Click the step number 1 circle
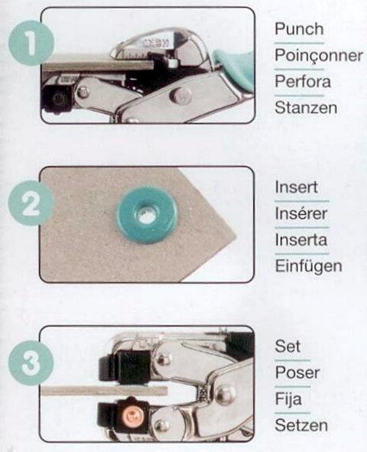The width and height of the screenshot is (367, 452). coord(31,44)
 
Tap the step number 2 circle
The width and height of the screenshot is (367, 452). coord(31,203)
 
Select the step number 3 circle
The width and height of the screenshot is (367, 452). coord(31,362)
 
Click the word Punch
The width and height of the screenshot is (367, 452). coord(299,29)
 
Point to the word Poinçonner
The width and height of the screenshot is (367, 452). coord(319,56)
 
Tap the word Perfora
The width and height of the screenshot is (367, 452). coord(303,82)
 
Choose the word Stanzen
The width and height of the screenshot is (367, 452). coord(306,108)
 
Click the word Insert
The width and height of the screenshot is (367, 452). coord(296,187)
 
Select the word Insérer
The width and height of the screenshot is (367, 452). coord(301,213)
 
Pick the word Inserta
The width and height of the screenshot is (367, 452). coord(300,240)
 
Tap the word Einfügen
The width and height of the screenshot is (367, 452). coord(308,266)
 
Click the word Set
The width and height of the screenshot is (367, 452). coord(287,346)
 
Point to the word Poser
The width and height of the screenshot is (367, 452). coord(297,372)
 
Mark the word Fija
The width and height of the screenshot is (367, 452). coord(288,399)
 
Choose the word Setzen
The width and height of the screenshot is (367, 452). coord(301,425)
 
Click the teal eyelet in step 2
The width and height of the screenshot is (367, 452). coord(148,214)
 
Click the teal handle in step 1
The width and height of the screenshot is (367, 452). coord(233,68)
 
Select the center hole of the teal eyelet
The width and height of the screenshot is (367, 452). coord(148,213)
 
